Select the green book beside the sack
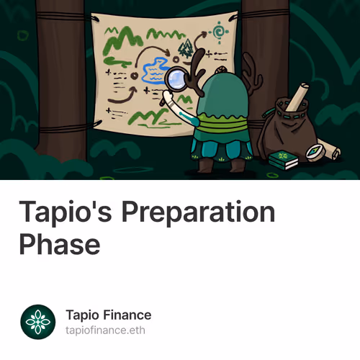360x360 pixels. click(x=283, y=160)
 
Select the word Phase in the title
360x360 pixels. click(x=59, y=243)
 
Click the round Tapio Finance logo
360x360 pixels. click(x=38, y=322)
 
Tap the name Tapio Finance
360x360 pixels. click(x=108, y=315)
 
